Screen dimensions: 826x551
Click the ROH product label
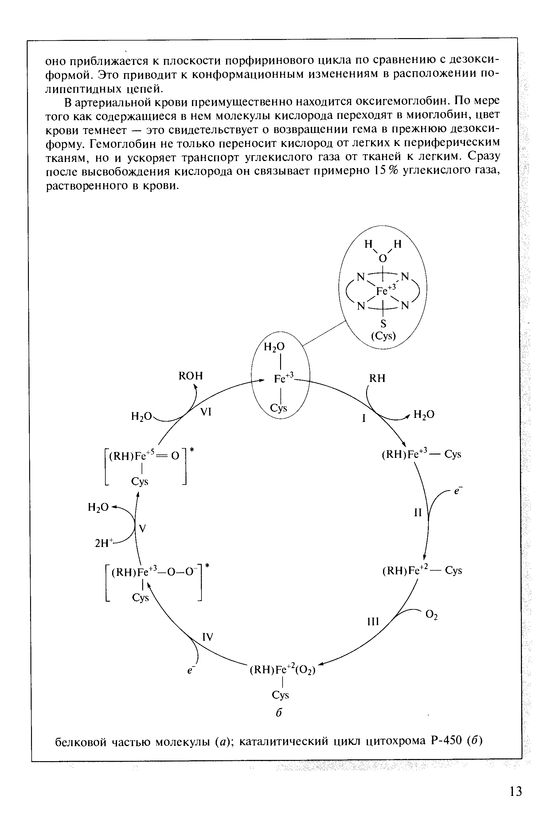click(190, 376)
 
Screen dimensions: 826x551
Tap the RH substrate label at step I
click(377, 378)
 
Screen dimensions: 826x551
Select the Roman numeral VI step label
click(206, 412)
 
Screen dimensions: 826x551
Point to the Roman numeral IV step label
click(207, 637)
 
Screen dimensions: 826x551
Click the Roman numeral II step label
click(417, 513)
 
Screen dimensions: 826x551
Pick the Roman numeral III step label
click(373, 622)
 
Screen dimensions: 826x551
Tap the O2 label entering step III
click(432, 615)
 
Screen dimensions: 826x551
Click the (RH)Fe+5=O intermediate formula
click(144, 456)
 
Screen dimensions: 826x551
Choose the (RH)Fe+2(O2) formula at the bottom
click(283, 670)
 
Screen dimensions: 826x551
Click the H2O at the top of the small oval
click(275, 347)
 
